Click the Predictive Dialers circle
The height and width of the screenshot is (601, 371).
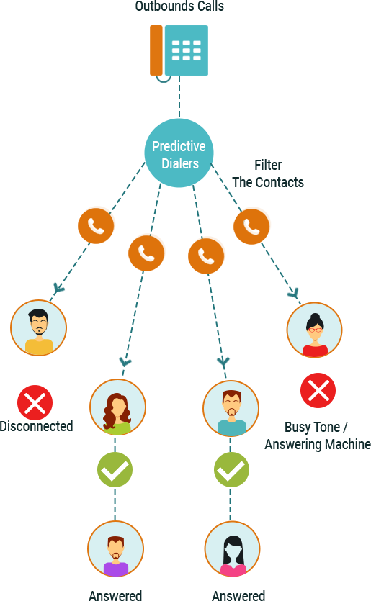179,153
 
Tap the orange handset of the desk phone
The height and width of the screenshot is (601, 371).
156,50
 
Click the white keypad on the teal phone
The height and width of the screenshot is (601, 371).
186,50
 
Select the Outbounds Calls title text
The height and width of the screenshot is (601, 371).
179,6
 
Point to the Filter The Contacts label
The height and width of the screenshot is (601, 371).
268,173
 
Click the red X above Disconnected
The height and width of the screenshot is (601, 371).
35,402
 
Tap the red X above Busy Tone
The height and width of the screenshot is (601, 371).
318,390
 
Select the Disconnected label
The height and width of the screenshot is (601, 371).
36,426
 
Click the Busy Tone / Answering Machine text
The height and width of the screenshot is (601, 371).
318,435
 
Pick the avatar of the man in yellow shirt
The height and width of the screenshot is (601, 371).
38,327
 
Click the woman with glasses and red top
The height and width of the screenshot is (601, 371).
315,330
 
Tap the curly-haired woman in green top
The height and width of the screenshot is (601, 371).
118,407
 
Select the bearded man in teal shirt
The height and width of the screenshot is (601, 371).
231,409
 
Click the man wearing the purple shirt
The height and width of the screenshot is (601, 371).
115,549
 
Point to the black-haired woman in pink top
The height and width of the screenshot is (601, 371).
233,549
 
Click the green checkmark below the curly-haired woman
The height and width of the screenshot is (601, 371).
115,469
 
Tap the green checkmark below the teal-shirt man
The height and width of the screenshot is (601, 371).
231,469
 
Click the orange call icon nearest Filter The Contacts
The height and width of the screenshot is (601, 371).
251,226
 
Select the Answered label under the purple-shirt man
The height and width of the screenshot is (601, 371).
115,595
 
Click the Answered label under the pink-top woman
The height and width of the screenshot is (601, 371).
238,595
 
